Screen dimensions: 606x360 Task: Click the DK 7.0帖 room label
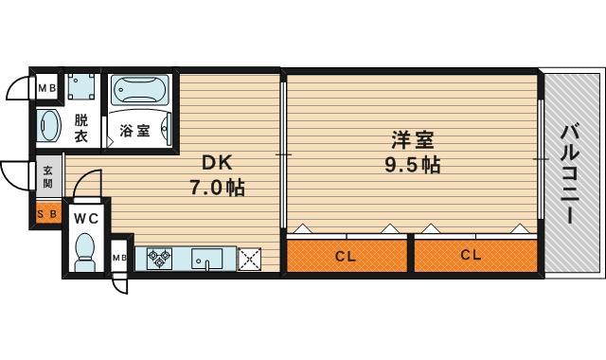[217, 175]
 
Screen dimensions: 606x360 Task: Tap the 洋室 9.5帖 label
[413, 153]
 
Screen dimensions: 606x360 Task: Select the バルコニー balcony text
[570, 174]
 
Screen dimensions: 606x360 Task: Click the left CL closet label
[345, 256]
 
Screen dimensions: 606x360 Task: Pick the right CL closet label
[471, 255]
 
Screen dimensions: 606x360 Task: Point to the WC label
[86, 219]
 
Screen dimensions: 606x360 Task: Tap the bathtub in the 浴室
[140, 90]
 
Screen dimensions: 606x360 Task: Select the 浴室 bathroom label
[134, 131]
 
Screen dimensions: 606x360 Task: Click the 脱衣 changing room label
[81, 129]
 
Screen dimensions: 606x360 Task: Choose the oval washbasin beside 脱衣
[49, 126]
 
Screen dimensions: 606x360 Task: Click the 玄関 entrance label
[47, 177]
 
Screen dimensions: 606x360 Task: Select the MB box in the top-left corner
[47, 88]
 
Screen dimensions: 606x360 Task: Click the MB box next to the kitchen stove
[118, 257]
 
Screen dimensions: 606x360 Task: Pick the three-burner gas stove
[159, 258]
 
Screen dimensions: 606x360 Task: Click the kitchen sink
[207, 259]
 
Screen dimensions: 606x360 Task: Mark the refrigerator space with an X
[249, 259]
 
